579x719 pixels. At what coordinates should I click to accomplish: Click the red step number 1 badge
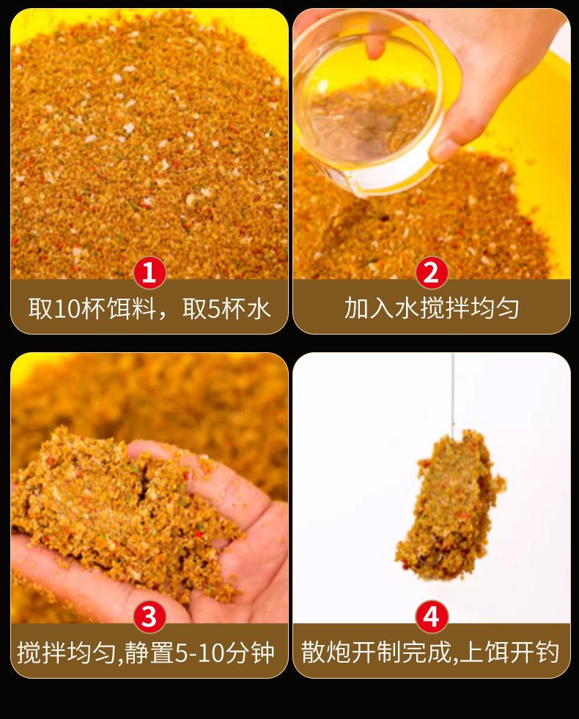(x=150, y=272)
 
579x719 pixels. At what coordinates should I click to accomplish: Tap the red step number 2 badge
(x=431, y=272)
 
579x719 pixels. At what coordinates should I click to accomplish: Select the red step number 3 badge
(x=150, y=616)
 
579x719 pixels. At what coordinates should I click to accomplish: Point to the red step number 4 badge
(x=431, y=616)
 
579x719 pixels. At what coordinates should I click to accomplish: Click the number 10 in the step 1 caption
(x=67, y=308)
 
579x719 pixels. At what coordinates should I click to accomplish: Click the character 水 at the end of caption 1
(x=258, y=308)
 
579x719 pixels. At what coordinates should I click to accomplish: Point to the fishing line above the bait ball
(x=452, y=395)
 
